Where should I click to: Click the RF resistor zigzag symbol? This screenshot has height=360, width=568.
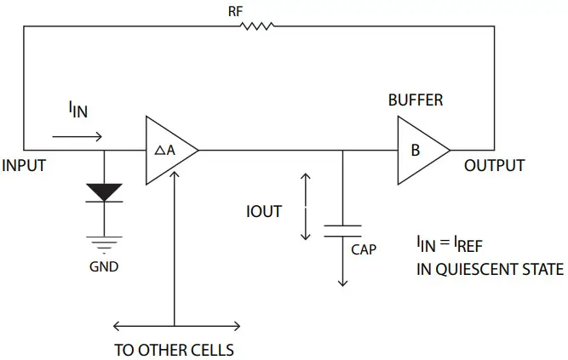pyautogui.click(x=257, y=26)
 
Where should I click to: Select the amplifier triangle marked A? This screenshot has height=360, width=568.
pyautogui.click(x=168, y=151)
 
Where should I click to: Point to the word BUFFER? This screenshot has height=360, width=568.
pyautogui.click(x=416, y=100)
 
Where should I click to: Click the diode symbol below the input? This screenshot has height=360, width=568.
pyautogui.click(x=105, y=193)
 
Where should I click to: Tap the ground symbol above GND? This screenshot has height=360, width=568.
pyautogui.click(x=105, y=243)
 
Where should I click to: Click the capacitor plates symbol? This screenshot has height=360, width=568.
pyautogui.click(x=342, y=231)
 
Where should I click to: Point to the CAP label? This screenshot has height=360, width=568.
pyautogui.click(x=365, y=250)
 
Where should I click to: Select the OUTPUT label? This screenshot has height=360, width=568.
pyautogui.click(x=494, y=165)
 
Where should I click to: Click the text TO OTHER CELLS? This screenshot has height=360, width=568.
pyautogui.click(x=174, y=350)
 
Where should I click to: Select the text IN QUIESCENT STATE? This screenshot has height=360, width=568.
pyautogui.click(x=490, y=270)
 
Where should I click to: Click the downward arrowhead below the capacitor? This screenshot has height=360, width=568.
pyautogui.click(x=342, y=282)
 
